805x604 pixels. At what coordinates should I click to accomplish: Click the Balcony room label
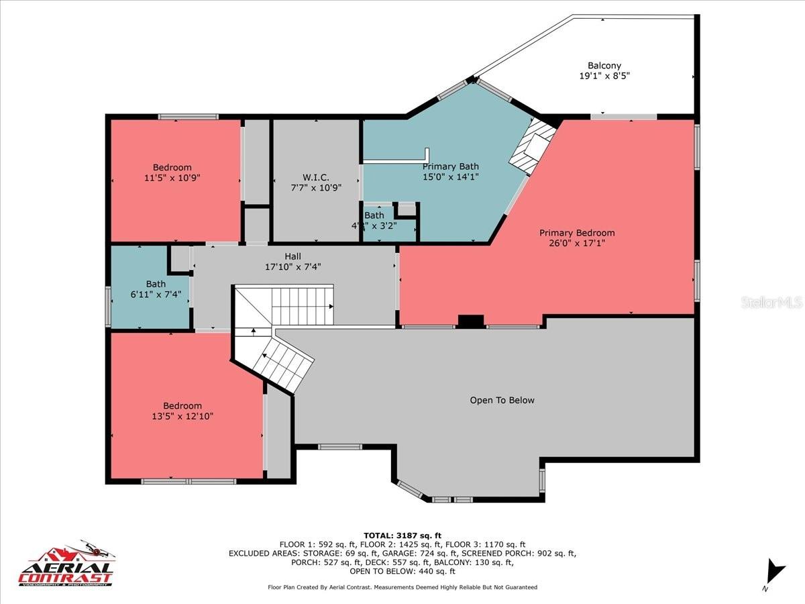click(x=604, y=66)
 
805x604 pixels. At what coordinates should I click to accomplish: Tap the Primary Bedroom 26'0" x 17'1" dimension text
click(x=577, y=244)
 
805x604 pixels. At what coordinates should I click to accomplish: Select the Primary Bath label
click(x=450, y=166)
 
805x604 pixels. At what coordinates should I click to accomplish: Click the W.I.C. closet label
click(x=315, y=177)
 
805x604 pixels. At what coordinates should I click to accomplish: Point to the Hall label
click(x=292, y=256)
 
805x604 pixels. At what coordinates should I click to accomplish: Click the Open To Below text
click(x=502, y=400)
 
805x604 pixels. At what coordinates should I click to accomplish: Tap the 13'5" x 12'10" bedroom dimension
click(x=182, y=416)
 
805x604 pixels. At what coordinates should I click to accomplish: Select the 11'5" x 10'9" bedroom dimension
click(x=172, y=178)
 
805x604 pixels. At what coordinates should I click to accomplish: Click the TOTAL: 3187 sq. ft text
click(x=402, y=535)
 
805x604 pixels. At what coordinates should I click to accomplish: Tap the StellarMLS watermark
click(x=771, y=303)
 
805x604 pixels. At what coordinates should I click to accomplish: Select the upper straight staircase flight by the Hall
click(x=302, y=305)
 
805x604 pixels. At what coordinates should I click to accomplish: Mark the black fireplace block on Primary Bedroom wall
click(x=470, y=321)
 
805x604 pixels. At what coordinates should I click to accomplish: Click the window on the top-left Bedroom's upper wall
click(x=189, y=117)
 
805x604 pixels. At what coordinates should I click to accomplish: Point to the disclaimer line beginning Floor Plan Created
click(x=402, y=587)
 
